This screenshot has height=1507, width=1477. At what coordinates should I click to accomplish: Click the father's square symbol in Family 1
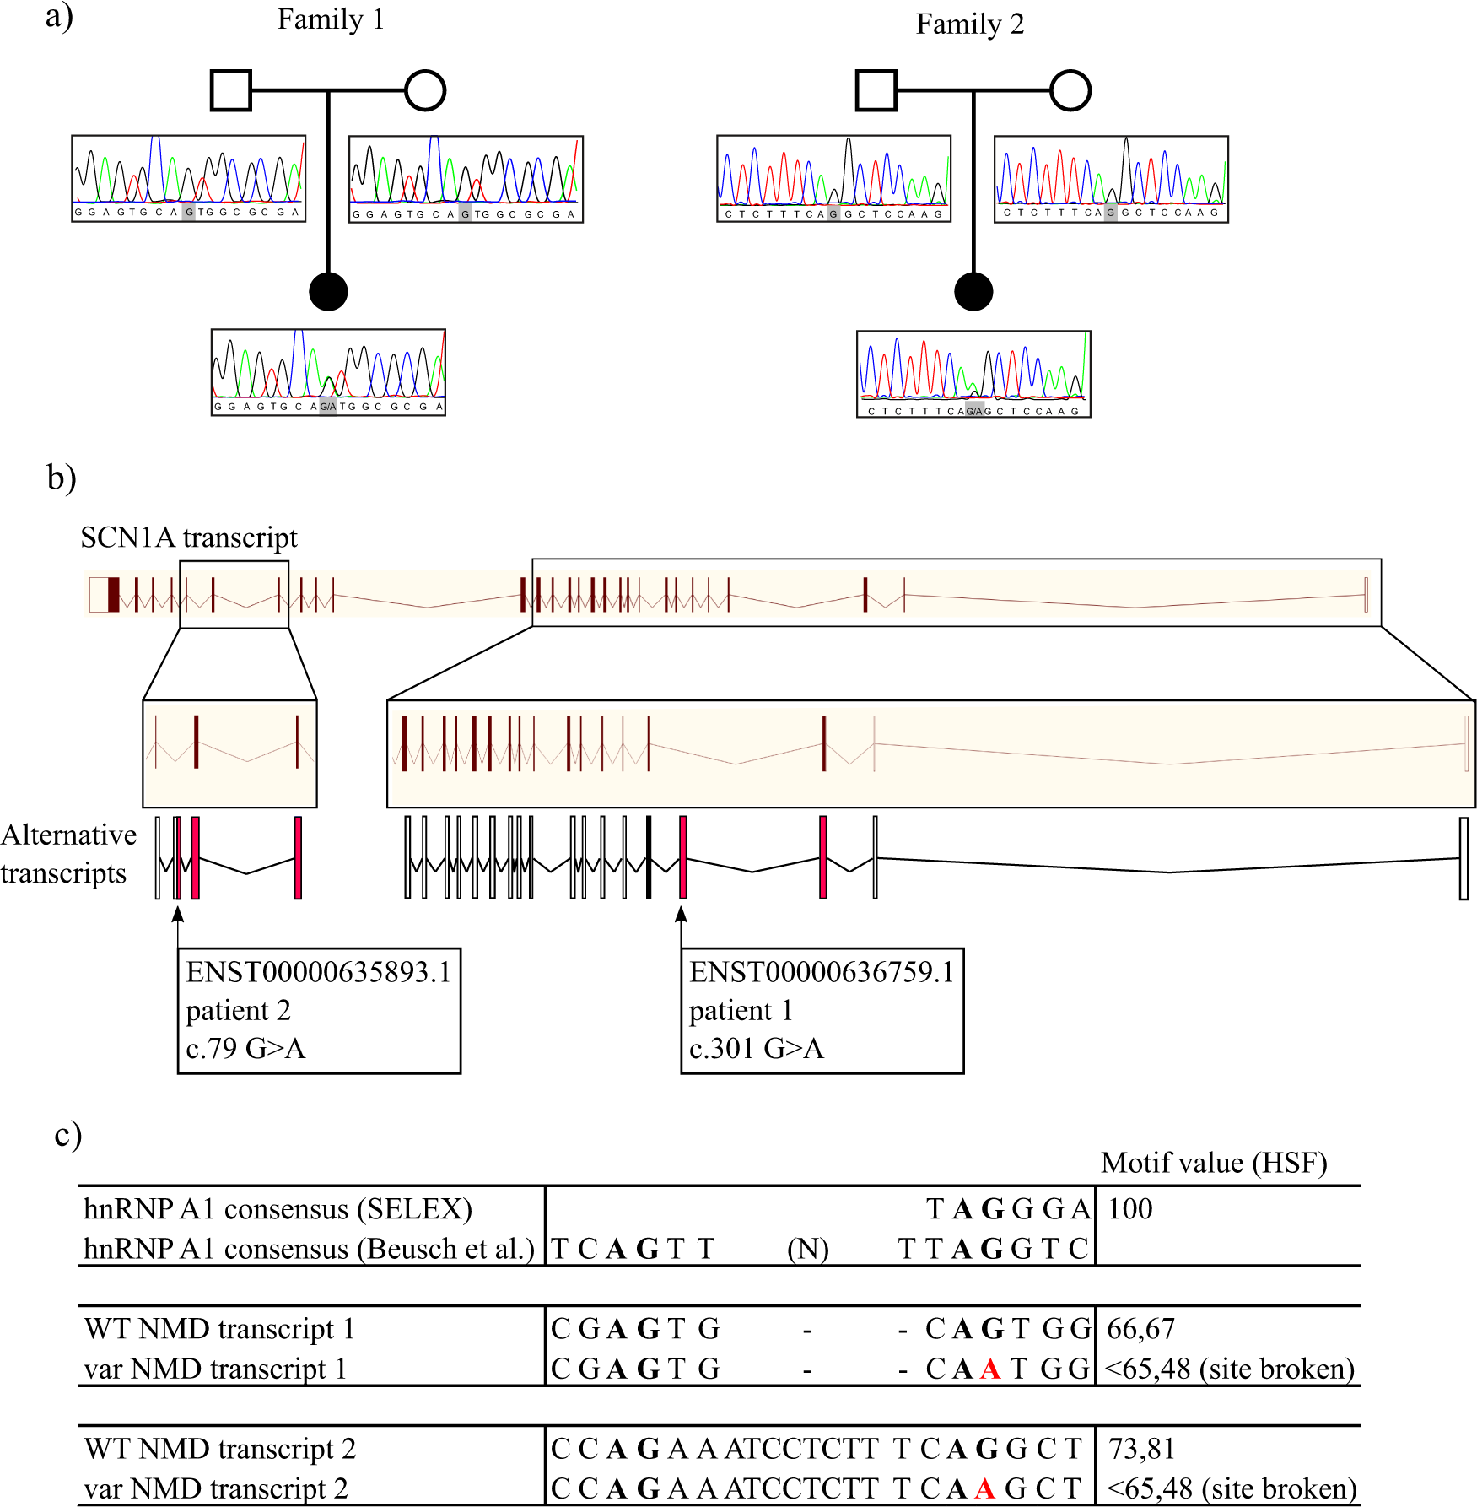(x=230, y=90)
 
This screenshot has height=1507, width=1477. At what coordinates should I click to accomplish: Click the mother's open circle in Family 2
(x=1070, y=90)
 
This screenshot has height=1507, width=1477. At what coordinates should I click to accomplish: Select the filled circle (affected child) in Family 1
(x=328, y=291)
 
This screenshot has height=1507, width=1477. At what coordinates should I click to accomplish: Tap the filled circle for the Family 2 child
(x=973, y=291)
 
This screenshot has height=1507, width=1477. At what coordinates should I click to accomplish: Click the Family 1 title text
(x=331, y=19)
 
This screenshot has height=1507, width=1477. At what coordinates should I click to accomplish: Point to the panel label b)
(x=61, y=478)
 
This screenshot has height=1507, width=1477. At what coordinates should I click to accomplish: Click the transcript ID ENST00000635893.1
(x=318, y=972)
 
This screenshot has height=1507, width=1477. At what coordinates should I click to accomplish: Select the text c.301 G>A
(x=756, y=1048)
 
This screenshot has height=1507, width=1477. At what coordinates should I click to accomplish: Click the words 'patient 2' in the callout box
(x=238, y=1010)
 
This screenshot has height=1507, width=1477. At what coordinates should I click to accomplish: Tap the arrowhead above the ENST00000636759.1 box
(x=682, y=915)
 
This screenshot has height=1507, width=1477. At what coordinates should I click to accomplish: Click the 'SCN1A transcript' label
(x=189, y=537)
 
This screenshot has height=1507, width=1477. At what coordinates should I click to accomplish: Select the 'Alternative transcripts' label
(x=67, y=853)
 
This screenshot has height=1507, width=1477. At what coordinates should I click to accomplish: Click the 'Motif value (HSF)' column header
(x=1213, y=1163)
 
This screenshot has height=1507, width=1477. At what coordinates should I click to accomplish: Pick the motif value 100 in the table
(x=1129, y=1209)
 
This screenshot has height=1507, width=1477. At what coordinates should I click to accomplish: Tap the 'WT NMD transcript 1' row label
(x=219, y=1329)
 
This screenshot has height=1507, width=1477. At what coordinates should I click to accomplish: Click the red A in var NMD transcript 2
(x=984, y=1488)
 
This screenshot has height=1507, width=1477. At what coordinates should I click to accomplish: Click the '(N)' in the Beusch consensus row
(x=807, y=1249)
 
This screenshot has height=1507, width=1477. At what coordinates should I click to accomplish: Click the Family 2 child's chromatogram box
(x=973, y=374)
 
